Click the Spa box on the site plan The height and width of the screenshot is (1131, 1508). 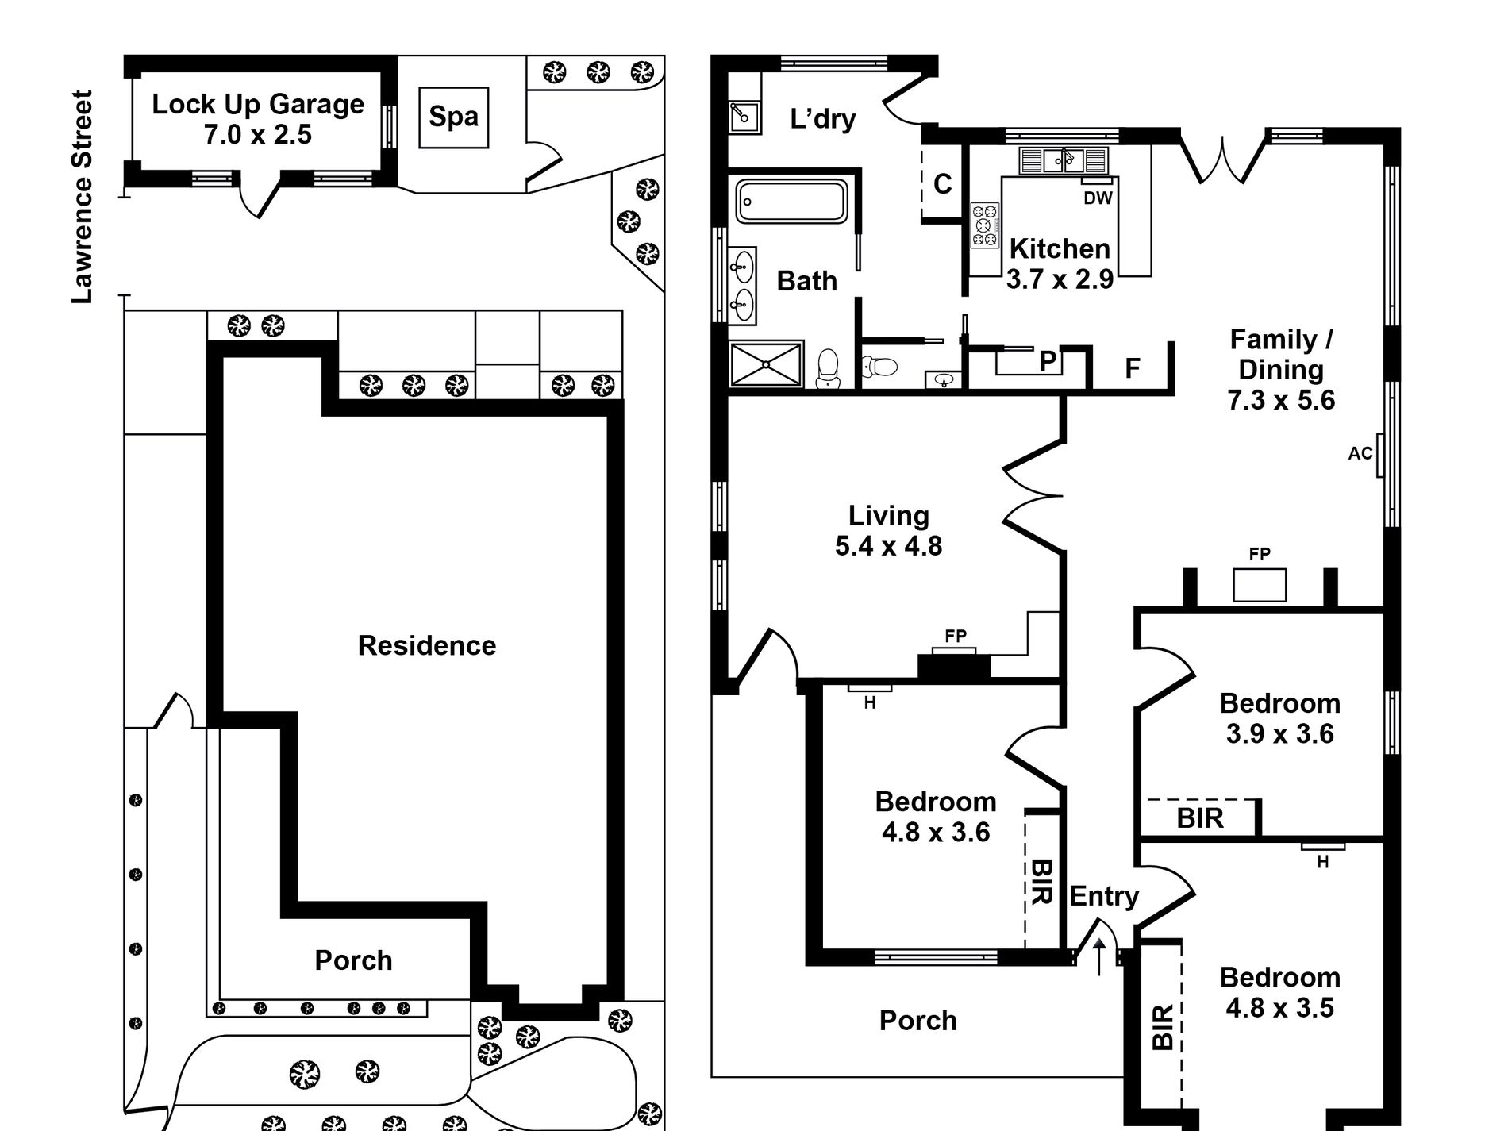pos(453,117)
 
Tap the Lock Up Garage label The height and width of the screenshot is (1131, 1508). pos(258,104)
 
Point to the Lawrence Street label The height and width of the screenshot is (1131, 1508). pos(83,196)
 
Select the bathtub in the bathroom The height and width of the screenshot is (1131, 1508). pos(791,201)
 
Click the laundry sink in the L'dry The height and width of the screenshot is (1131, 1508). pos(744,117)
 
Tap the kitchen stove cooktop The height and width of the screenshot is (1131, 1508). pos(985,225)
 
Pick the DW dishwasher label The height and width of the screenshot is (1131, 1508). pos(1098,198)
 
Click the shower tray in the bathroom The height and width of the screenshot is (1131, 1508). pos(766,364)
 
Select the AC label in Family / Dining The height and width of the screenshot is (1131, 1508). pos(1360,453)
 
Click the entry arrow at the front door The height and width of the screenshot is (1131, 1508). pos(1099,956)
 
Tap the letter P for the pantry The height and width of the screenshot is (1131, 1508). pos(1048,361)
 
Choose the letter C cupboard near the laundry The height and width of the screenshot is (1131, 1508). pos(942,184)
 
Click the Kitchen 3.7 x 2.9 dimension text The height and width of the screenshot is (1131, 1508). pos(1060,279)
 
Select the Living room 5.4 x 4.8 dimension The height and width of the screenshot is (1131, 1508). pos(888,546)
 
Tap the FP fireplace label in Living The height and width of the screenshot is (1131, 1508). pos(956,636)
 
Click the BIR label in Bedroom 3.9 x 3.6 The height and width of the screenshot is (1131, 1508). pos(1200,817)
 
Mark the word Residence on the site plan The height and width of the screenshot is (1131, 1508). pos(427,645)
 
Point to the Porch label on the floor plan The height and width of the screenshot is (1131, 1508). pos(918,1020)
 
